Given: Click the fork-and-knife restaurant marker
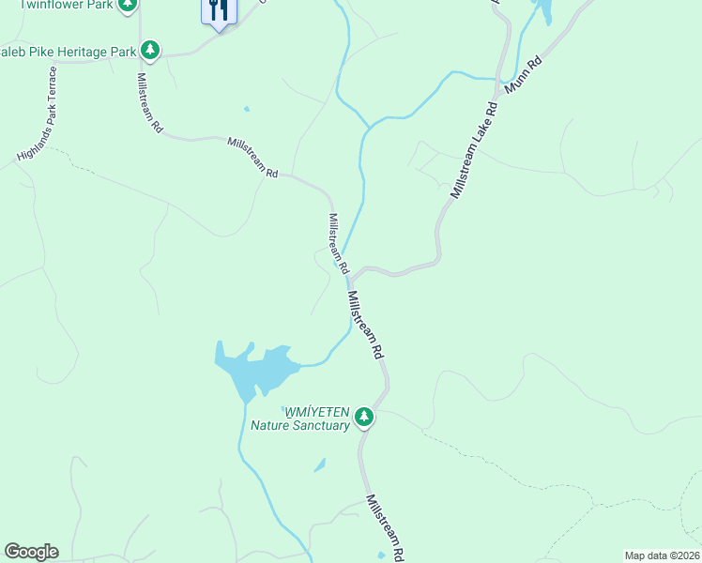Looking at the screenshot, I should point(219,11).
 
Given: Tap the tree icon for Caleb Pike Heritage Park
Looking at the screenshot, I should point(148,51).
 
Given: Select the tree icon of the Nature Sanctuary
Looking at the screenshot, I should point(364,418).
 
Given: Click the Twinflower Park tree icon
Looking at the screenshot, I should point(129,5).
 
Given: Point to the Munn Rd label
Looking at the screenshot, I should point(524,78).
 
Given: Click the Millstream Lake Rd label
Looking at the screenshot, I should point(472,149).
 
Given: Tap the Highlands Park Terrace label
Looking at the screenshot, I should point(38,113).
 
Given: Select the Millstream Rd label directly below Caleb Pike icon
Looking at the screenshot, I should point(150,103).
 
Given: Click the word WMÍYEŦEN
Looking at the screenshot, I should point(317,412).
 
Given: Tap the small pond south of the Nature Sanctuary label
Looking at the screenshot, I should point(320,464).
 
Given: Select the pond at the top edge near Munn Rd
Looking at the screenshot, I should point(542,11).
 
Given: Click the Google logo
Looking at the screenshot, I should point(31,552).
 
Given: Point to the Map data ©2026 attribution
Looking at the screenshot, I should point(663,555).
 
